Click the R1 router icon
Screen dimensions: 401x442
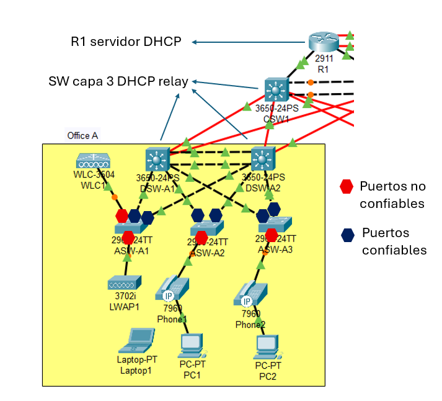coord(324,42)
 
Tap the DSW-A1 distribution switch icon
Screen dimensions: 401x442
coord(157,160)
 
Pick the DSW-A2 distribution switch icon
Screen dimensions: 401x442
coord(263,160)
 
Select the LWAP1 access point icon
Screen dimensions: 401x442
coord(126,282)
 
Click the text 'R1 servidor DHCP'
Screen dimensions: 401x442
coord(126,42)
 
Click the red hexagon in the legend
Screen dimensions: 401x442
coord(347,186)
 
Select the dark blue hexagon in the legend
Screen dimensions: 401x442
coord(348,234)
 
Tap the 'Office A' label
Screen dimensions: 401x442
coord(82,135)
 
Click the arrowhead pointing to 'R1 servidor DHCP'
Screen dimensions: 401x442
coord(195,42)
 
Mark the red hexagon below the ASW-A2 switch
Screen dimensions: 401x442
coord(201,237)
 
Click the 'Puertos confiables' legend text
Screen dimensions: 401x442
coord(394,241)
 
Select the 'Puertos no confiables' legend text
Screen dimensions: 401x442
coord(392,194)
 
